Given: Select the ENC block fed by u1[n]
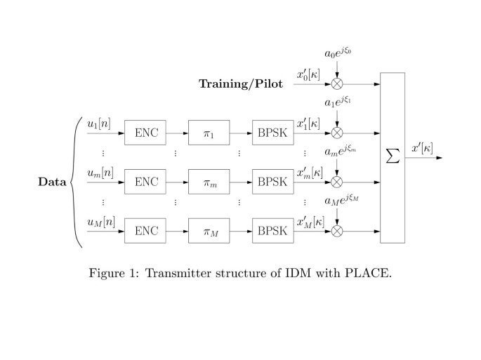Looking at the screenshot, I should (x=146, y=133).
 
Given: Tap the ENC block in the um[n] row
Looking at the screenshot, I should (x=146, y=182).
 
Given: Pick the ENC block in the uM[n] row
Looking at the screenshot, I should (x=146, y=230).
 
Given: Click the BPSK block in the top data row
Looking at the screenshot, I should (x=273, y=133).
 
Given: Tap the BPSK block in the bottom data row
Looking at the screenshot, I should (x=273, y=230).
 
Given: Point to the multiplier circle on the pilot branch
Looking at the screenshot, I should (x=337, y=84).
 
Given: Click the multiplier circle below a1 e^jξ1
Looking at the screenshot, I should (x=337, y=133).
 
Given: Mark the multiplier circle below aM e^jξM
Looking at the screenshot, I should (x=337, y=230).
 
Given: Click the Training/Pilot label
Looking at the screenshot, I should (x=241, y=84).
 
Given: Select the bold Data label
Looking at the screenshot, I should (x=52, y=182).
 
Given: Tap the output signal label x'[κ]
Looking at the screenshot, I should (x=423, y=148).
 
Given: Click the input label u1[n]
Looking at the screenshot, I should (x=98, y=124).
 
